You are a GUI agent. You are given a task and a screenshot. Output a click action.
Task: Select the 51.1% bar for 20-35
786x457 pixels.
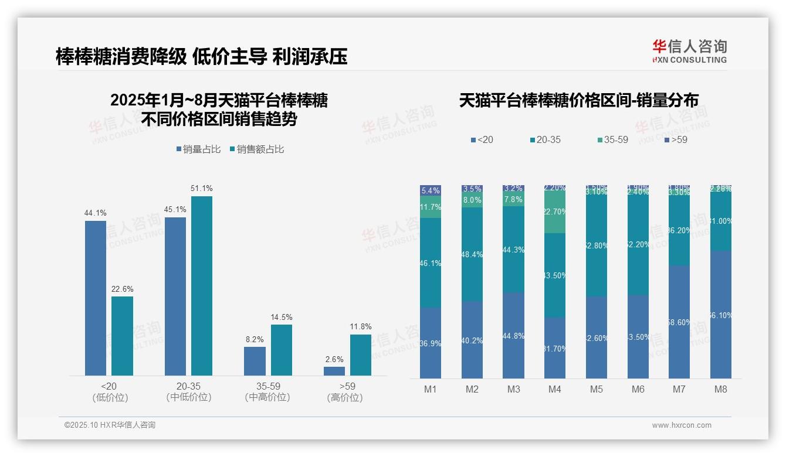[202, 285]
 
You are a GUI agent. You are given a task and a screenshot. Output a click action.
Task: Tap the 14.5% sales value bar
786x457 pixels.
[281, 350]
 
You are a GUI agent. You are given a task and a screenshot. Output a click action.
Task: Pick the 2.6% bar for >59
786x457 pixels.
[334, 371]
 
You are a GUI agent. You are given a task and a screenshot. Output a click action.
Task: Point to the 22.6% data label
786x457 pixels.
[122, 289]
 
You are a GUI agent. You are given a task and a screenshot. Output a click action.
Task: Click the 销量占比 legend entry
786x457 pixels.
[198, 149]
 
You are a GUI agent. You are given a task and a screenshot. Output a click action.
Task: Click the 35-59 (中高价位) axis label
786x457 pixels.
[267, 392]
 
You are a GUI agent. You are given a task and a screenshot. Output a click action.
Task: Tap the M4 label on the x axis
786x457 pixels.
[555, 389]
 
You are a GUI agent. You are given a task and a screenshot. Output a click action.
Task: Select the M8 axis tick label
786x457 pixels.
[721, 389]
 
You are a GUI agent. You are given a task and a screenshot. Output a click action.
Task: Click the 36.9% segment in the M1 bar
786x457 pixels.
[431, 343]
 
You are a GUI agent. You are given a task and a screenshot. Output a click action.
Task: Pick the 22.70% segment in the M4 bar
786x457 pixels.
[555, 213]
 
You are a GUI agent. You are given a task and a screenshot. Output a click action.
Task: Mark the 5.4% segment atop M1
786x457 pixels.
[431, 190]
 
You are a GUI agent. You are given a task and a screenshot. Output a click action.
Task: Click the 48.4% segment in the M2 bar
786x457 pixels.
[472, 254]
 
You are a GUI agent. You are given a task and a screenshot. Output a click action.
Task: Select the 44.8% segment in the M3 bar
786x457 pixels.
[514, 335]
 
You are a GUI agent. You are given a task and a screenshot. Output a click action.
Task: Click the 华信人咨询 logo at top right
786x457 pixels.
[689, 51]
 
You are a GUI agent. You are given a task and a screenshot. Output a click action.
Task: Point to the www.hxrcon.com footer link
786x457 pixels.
[682, 425]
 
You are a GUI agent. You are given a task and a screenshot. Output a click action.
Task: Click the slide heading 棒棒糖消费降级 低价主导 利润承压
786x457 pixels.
[201, 56]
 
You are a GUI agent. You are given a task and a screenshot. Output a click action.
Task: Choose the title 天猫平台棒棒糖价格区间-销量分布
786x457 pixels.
[578, 100]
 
